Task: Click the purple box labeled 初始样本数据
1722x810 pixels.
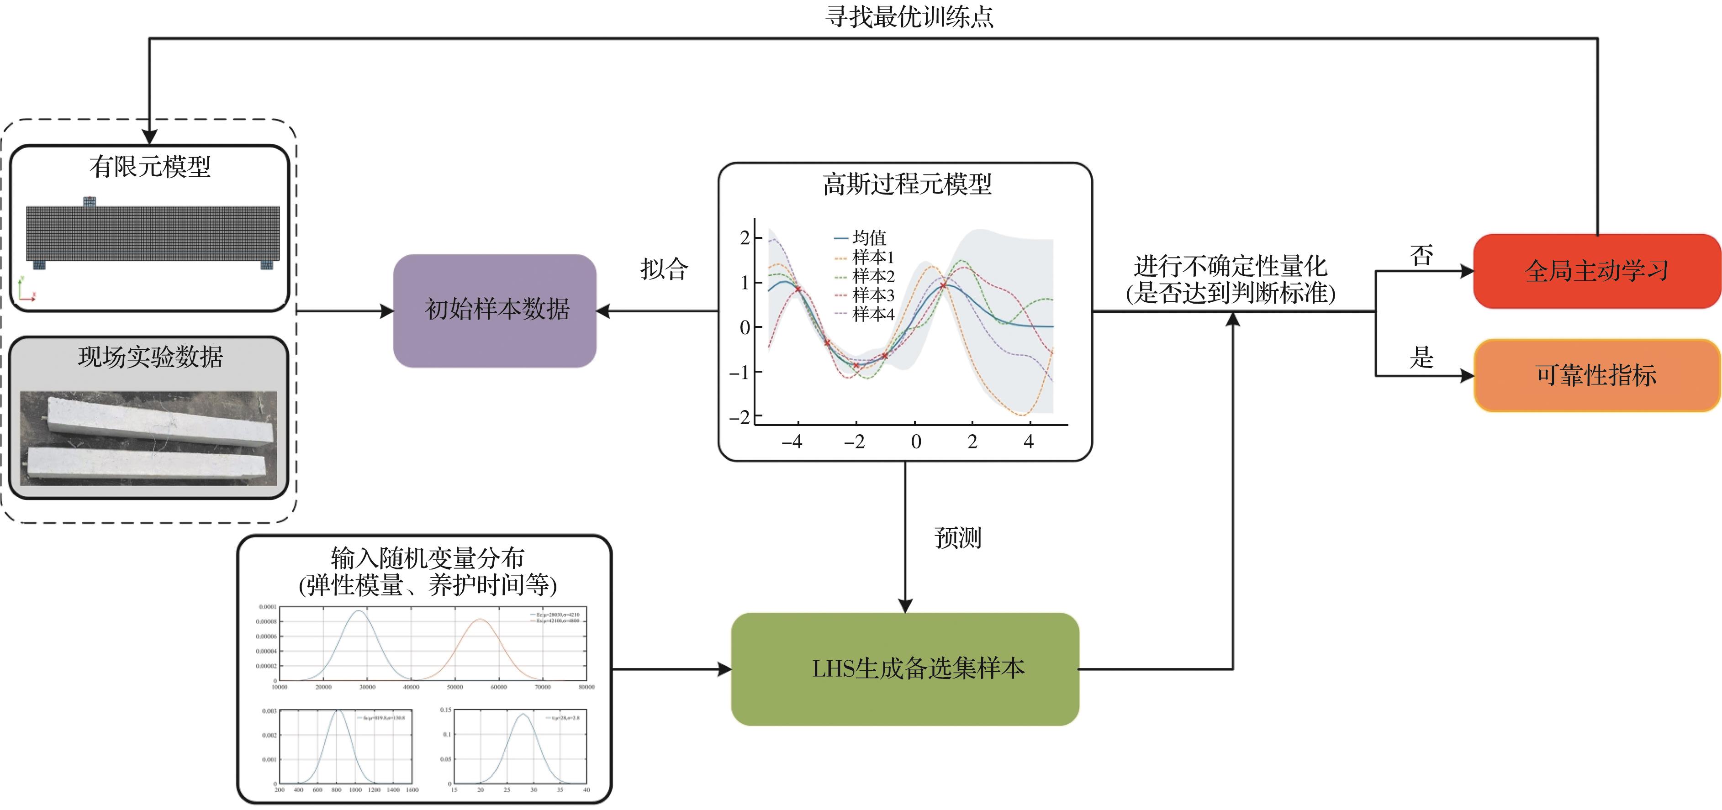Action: tap(495, 310)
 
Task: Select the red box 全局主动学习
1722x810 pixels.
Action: tap(1596, 271)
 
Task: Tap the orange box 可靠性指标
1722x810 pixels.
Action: tap(1596, 375)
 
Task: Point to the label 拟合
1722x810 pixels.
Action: tap(664, 268)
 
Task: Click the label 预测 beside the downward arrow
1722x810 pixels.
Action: tap(957, 537)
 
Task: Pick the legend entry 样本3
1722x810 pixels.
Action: tap(872, 295)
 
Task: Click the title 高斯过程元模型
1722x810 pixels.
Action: tap(907, 184)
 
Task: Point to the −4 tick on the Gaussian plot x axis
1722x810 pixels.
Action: tap(792, 442)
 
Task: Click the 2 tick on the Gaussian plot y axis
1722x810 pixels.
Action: tap(745, 237)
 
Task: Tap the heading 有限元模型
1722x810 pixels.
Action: tap(150, 166)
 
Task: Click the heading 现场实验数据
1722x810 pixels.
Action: tap(150, 357)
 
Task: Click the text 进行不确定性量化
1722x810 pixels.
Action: tap(1230, 266)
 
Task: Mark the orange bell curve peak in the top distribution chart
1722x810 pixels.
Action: tap(480, 620)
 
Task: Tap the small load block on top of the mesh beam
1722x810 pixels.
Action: tap(90, 201)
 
